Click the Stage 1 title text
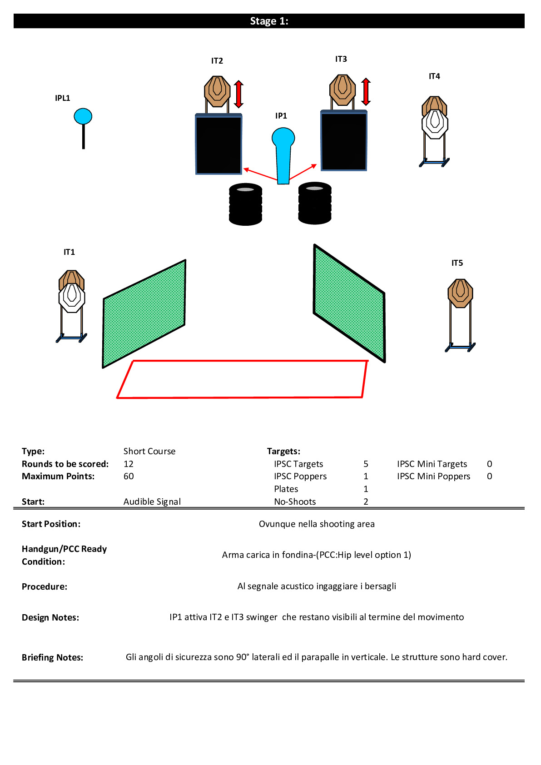(x=269, y=21)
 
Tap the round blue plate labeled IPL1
(x=83, y=117)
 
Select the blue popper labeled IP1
(x=283, y=154)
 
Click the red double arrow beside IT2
(x=238, y=94)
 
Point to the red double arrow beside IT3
(x=366, y=92)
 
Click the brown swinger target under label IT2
(x=217, y=90)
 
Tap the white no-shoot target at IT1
(x=72, y=298)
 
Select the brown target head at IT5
(x=460, y=293)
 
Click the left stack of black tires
(x=245, y=204)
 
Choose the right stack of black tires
(x=315, y=203)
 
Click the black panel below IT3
(x=344, y=141)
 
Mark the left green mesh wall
(x=144, y=313)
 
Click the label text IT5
(x=457, y=263)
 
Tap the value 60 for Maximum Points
(x=129, y=476)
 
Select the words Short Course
(x=149, y=451)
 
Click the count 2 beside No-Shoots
(x=366, y=502)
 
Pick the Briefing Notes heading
(x=52, y=657)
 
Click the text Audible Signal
(x=152, y=502)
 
